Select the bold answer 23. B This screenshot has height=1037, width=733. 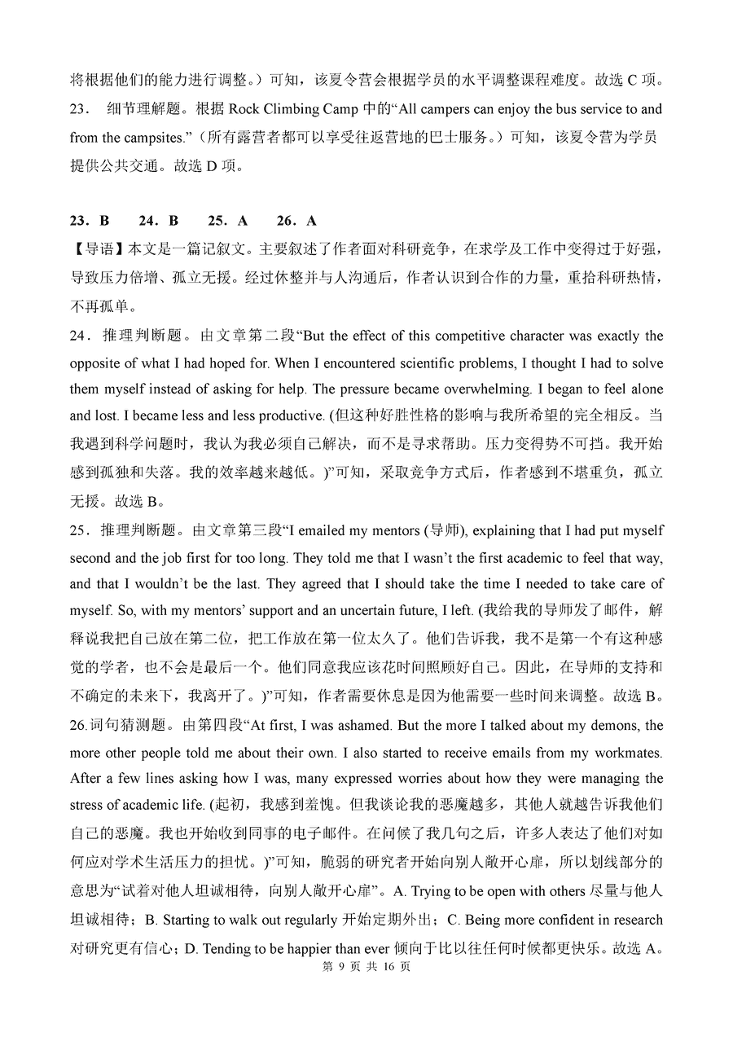pyautogui.click(x=90, y=220)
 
